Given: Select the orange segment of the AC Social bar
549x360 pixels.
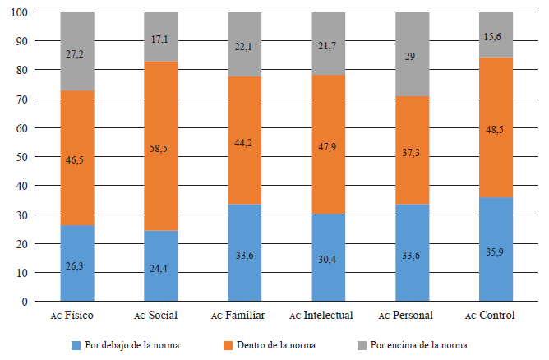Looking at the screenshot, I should point(161,173).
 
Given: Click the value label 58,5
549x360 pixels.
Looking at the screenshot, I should point(161,147).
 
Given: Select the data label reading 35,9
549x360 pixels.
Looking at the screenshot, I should point(496,252).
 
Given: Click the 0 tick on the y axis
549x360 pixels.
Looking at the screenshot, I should point(27,302).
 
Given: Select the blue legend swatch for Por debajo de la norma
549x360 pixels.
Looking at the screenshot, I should point(76,346).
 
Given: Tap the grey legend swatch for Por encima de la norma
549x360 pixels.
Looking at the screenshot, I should point(365,346).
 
